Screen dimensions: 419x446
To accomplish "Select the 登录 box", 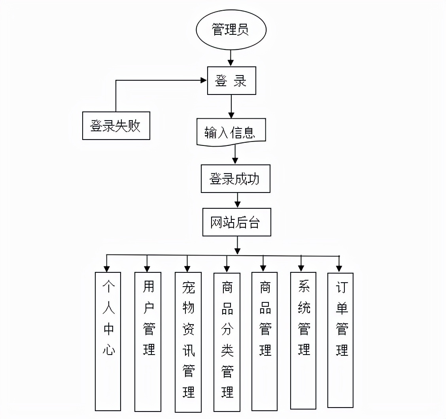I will coord(232,81).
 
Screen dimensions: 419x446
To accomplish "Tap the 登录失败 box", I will coord(116,126).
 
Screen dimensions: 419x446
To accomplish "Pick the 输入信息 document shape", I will coord(231,132).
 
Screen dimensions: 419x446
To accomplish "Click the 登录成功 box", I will coord(235,179).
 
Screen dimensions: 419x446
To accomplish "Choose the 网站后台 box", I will coord(237,222).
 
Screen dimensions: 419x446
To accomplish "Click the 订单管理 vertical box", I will coord(340,340).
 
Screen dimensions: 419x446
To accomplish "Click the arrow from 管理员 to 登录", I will coord(231,59).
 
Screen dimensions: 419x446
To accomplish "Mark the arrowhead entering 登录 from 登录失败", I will coord(204,80).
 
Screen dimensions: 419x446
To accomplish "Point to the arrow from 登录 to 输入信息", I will coord(231,106).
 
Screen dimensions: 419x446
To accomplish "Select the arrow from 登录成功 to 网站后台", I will coord(237,200).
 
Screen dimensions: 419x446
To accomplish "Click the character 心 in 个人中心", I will coord(108,349).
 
